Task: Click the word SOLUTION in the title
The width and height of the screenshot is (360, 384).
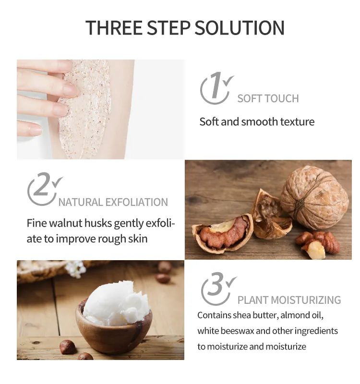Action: pyautogui.click(x=239, y=28)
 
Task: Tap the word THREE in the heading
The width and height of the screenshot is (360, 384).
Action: pyautogui.click(x=114, y=28)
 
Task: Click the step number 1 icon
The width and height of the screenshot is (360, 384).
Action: pyautogui.click(x=216, y=88)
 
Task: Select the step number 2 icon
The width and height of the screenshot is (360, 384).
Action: pyautogui.click(x=45, y=189)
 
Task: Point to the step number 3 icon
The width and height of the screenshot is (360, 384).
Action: pyautogui.click(x=218, y=289)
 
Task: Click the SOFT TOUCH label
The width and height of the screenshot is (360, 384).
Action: pyautogui.click(x=268, y=98)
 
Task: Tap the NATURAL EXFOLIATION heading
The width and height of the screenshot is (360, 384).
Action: pyautogui.click(x=113, y=202)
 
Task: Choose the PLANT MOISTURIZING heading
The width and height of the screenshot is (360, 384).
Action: pyautogui.click(x=289, y=300)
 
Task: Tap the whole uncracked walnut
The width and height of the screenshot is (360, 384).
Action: pyautogui.click(x=314, y=197)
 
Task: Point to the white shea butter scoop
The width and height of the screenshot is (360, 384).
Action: pyautogui.click(x=117, y=304)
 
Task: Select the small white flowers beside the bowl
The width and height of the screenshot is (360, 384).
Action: pyautogui.click(x=75, y=269)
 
